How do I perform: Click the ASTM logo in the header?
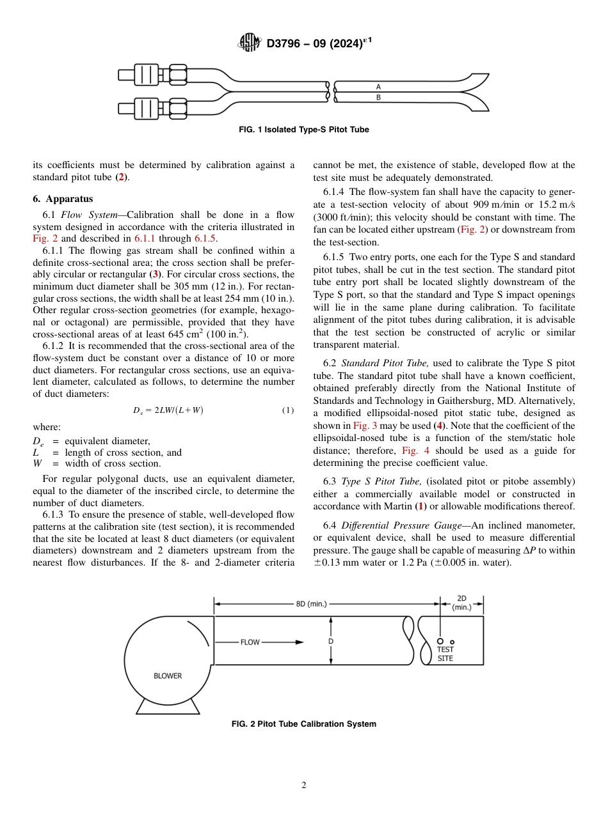250,43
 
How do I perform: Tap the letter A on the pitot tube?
378,86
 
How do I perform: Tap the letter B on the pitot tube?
378,97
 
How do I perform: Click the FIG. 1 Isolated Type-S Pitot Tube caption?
303,130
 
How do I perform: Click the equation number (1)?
288,410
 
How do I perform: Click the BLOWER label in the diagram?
168,676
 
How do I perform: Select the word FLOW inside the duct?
250,642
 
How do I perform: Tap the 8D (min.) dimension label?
311,603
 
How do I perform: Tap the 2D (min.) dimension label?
461,602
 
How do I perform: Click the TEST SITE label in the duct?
445,654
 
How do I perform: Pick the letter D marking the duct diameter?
331,640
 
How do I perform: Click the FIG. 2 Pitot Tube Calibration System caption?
303,724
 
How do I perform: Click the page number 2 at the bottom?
304,786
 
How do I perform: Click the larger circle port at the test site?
440,641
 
